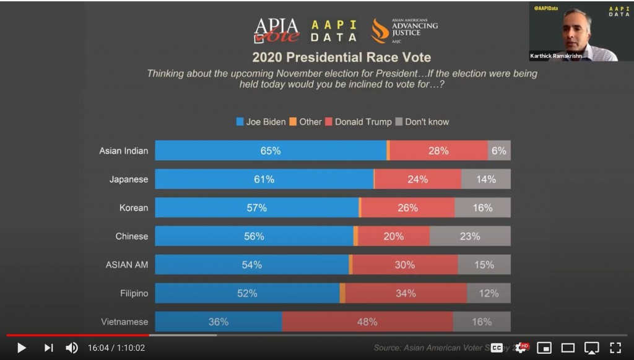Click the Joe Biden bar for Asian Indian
click(271, 151)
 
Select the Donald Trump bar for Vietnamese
click(367, 322)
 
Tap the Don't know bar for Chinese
click(470, 236)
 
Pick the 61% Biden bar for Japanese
click(264, 179)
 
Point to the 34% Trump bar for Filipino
click(406, 293)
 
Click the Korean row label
click(134, 208)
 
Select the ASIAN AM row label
click(127, 265)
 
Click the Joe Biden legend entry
click(261, 122)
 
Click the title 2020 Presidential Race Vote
click(341, 57)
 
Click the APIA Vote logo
click(276, 30)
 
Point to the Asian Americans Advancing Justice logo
click(404, 30)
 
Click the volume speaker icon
click(72, 348)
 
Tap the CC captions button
click(497, 348)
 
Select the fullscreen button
click(615, 348)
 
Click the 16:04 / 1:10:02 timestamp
click(116, 348)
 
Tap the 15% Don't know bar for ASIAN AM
click(484, 265)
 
